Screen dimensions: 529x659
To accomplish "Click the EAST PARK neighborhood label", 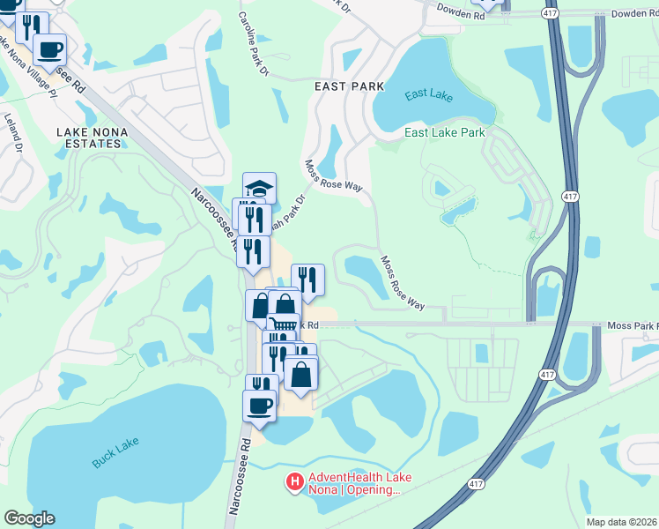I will [x=350, y=86].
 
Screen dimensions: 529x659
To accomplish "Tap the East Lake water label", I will [x=429, y=95].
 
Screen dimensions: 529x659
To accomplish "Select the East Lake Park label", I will [x=445, y=133].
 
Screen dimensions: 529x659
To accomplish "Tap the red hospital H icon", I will [x=296, y=482].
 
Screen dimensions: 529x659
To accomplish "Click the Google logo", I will [x=29, y=518].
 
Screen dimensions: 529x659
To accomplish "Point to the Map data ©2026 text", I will [x=620, y=522].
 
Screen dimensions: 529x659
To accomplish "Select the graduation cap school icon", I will [x=259, y=189].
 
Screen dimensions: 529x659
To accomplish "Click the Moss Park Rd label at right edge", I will [x=633, y=326].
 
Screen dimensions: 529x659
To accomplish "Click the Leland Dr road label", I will [x=13, y=132].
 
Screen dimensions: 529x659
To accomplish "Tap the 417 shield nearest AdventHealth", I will [x=476, y=484].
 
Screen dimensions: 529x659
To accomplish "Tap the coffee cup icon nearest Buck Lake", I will [x=260, y=406].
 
